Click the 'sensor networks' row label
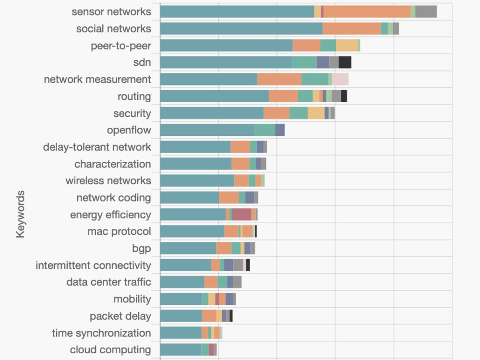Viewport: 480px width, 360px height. coord(111,12)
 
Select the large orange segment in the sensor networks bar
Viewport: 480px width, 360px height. coord(367,12)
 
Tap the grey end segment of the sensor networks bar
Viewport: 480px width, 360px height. coord(426,12)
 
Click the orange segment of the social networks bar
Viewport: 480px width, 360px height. coord(351,28)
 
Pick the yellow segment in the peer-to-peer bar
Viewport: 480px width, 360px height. coord(347,45)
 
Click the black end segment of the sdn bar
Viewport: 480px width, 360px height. coord(345,62)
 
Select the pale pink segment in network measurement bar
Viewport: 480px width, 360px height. coord(340,79)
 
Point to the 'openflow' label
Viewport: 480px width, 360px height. coord(129,130)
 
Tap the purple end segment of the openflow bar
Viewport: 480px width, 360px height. coord(279,130)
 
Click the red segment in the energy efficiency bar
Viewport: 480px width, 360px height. coord(241,215)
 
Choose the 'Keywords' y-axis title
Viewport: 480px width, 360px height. coord(20,214)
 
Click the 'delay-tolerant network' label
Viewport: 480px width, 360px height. coord(97,147)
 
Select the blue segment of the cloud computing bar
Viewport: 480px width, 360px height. coord(180,350)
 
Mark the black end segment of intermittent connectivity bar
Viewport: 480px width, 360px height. coord(248,265)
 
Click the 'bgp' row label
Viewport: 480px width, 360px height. coord(141,248)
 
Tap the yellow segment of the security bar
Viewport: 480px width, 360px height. coord(316,113)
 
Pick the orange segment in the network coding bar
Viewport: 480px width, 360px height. coord(228,198)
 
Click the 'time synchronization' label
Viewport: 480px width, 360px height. coord(101,333)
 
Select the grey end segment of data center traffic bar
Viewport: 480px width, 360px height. coord(237,282)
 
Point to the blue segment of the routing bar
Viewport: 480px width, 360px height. coord(214,96)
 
